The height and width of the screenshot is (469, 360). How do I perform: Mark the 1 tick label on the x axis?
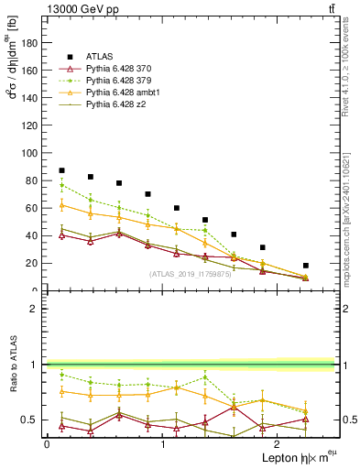[x=162, y=444]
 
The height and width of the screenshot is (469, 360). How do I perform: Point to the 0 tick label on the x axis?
[x=47, y=444]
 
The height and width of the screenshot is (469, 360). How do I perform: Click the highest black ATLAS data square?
[x=61, y=170]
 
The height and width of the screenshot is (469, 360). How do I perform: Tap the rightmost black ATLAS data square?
[x=306, y=266]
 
